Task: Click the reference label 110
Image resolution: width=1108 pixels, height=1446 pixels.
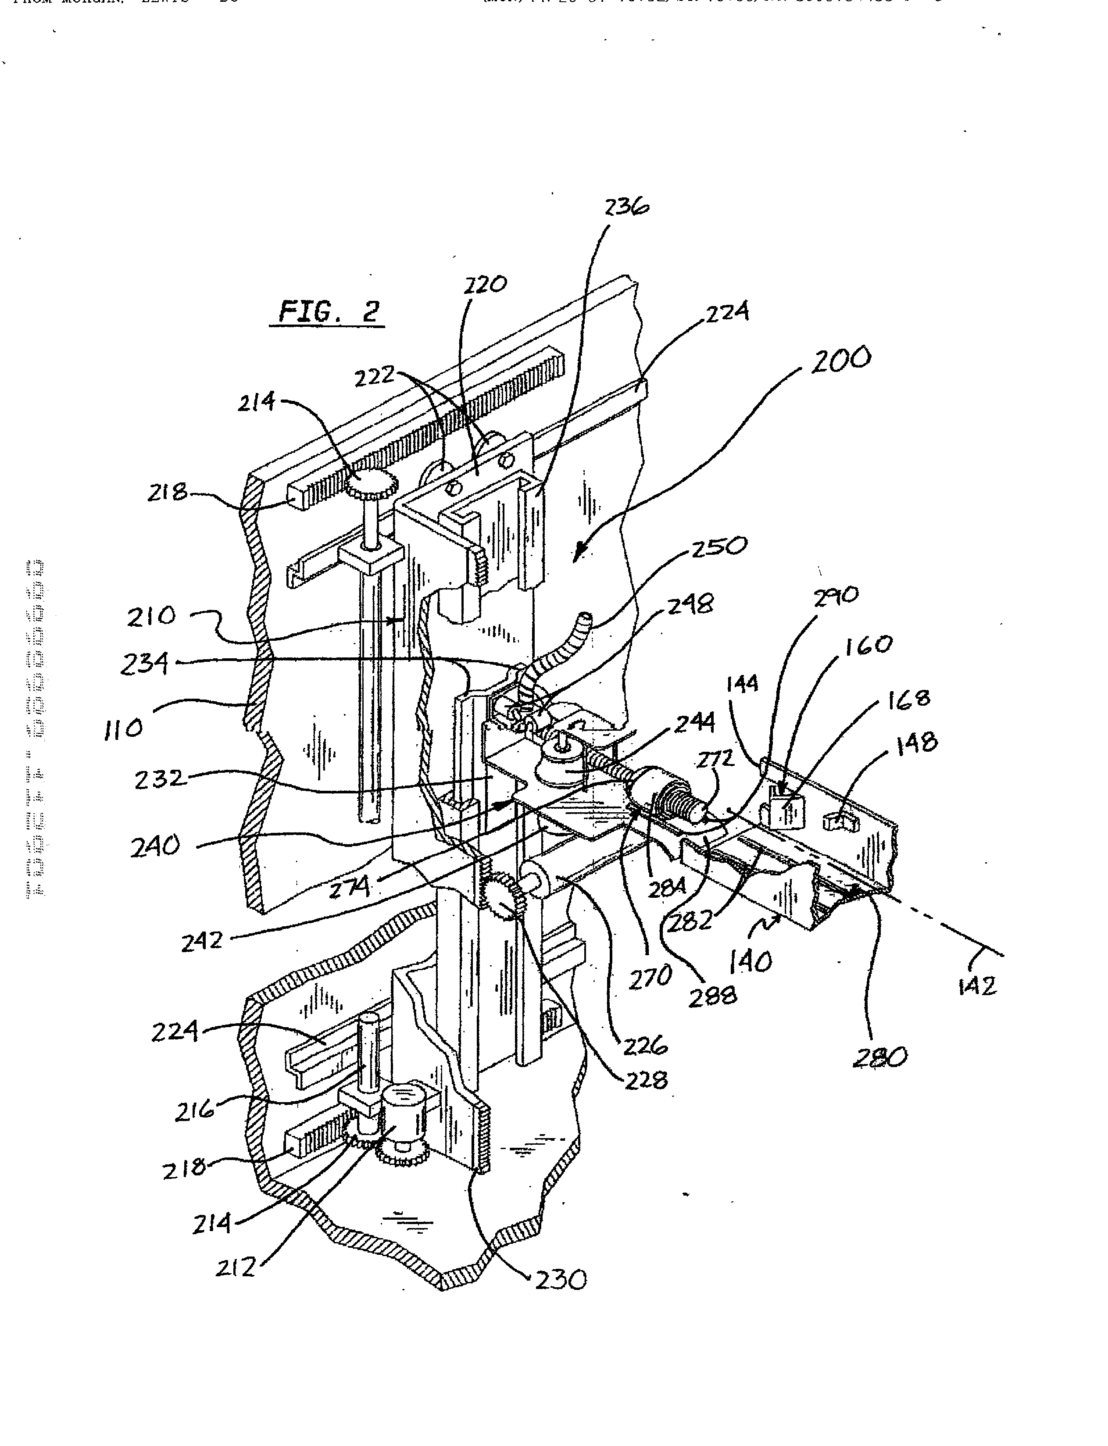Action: coord(123,728)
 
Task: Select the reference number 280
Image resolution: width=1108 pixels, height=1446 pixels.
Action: coord(879,1057)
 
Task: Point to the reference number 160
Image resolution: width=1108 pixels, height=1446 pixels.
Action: coord(868,645)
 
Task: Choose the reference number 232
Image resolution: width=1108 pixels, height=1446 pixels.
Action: coord(160,779)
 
